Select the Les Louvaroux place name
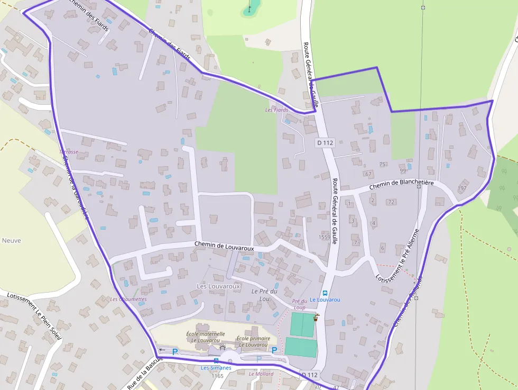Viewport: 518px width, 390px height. click(x=218, y=286)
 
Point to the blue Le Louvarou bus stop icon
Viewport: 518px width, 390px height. click(x=325, y=293)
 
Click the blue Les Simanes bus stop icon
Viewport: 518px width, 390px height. click(x=216, y=361)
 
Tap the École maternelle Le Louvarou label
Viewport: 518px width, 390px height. click(x=206, y=337)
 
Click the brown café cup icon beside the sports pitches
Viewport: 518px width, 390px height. click(x=316, y=318)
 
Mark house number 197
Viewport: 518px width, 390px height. click(x=462, y=188)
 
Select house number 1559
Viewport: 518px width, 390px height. click(x=325, y=237)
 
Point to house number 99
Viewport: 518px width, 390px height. click(x=403, y=171)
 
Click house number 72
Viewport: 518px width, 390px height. click(x=391, y=202)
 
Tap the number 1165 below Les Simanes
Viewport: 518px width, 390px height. click(x=217, y=376)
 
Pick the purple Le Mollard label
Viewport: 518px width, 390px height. click(x=261, y=374)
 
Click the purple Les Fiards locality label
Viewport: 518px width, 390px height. click(x=276, y=110)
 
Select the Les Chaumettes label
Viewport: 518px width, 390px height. click(x=128, y=299)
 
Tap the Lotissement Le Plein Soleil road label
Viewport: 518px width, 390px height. click(x=35, y=316)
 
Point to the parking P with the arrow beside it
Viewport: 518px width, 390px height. click(x=175, y=352)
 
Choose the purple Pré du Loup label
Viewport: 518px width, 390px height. click(x=299, y=304)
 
